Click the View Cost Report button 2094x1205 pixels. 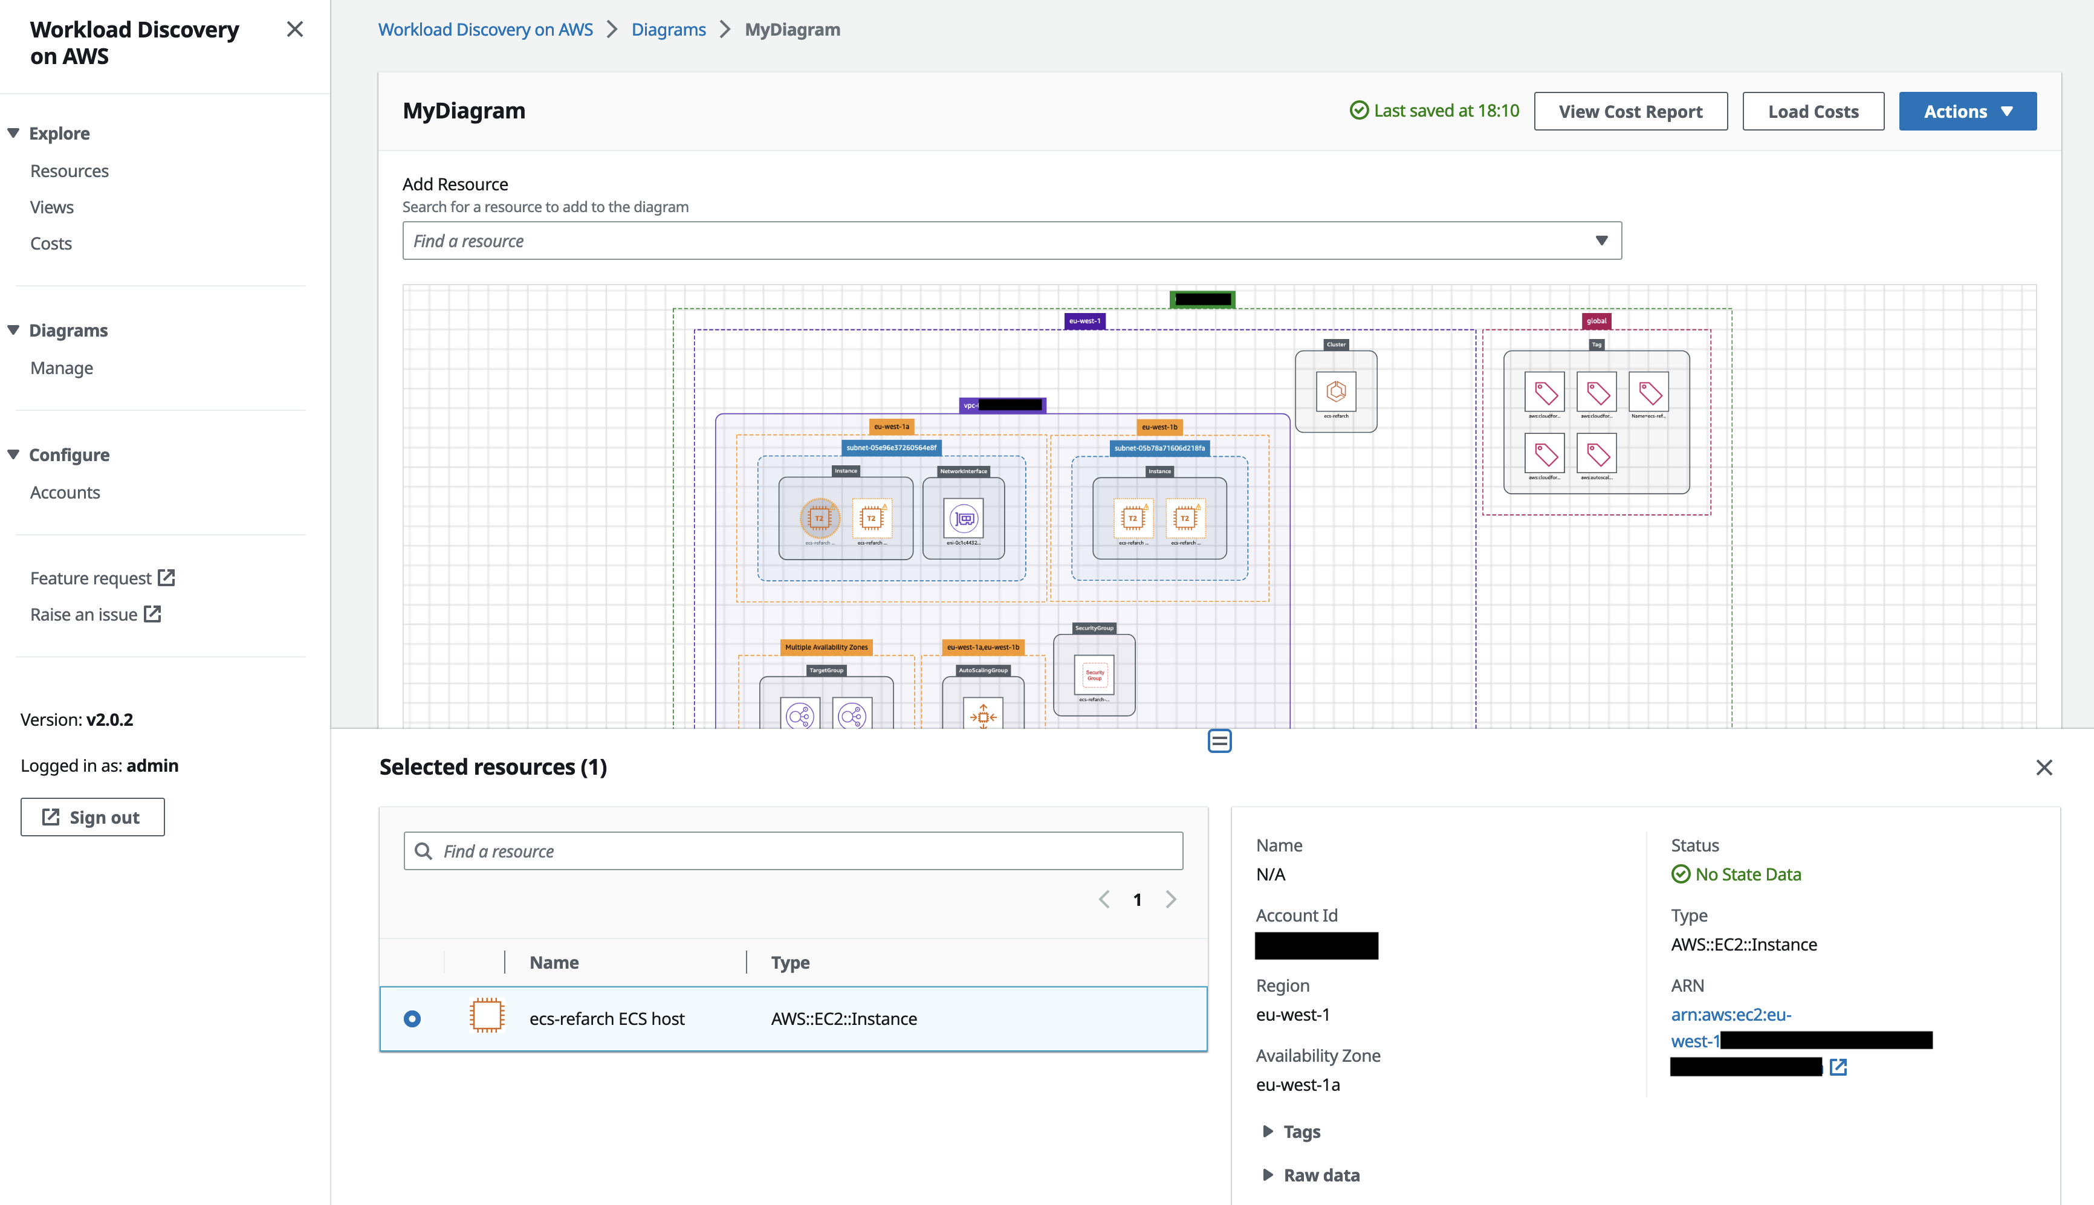pos(1630,112)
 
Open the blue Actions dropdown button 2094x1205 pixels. pos(1966,112)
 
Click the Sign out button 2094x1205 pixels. pos(92,817)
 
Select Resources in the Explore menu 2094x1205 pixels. pos(70,171)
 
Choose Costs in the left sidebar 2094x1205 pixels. pos(51,244)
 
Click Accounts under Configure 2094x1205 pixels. pos(65,493)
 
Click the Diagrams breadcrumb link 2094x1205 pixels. pos(668,30)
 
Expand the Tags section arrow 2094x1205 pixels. pos(1267,1131)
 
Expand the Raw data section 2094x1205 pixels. pos(1267,1175)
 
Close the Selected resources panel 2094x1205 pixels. pos(2043,767)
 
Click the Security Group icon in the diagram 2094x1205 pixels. pos(1094,674)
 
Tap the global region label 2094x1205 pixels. pos(1596,321)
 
